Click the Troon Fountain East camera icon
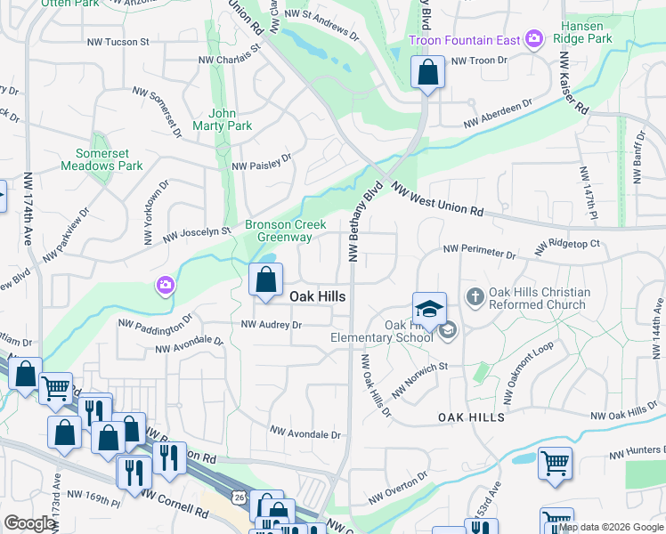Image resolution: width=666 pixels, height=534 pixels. pyautogui.click(x=534, y=38)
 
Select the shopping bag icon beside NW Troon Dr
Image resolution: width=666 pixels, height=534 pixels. pyautogui.click(x=427, y=73)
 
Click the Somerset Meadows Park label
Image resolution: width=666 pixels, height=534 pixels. pyautogui.click(x=102, y=159)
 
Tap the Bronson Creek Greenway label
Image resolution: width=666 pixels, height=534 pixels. pyautogui.click(x=285, y=231)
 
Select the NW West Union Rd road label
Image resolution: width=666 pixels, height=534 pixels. pyautogui.click(x=437, y=201)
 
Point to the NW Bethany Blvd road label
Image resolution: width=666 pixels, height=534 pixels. pyautogui.click(x=365, y=222)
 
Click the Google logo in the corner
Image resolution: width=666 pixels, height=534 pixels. pyautogui.click(x=29, y=524)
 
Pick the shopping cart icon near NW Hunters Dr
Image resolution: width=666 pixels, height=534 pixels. pyautogui.click(x=555, y=462)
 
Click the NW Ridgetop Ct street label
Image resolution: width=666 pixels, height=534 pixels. pyautogui.click(x=568, y=243)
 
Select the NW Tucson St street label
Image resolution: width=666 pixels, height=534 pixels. pyautogui.click(x=118, y=41)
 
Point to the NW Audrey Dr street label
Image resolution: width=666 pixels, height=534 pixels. pyautogui.click(x=272, y=326)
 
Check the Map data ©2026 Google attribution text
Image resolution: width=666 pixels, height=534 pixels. pyautogui.click(x=610, y=527)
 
